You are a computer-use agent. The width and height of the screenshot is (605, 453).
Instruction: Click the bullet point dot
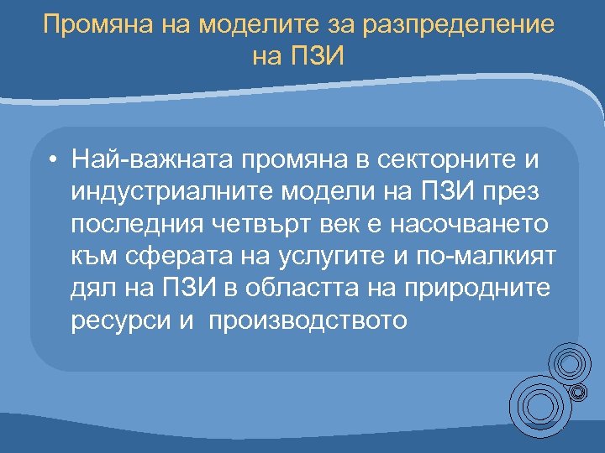click(x=52, y=159)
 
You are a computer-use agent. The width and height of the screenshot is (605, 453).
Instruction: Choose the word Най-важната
click(x=150, y=159)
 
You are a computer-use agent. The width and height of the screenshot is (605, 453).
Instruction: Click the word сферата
click(x=171, y=257)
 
